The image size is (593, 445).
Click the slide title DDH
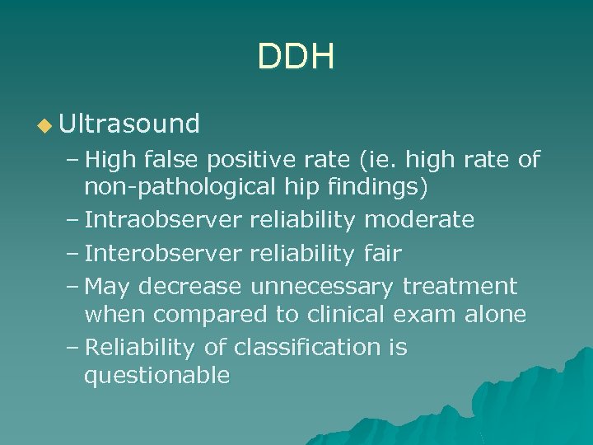coord(296,57)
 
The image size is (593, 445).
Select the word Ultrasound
coord(129,124)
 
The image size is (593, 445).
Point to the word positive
coord(250,158)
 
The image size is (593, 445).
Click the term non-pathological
coord(179,187)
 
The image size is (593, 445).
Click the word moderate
coord(419,220)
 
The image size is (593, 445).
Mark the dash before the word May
coord(71,286)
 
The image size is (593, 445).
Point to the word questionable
coord(156,377)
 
